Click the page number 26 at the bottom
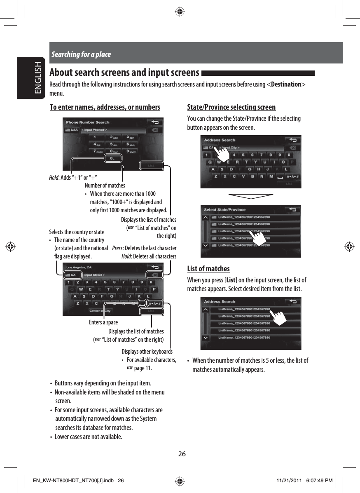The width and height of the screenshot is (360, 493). tap(182, 454)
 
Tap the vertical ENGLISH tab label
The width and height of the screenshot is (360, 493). tap(38, 78)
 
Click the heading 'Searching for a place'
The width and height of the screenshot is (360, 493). tap(81, 54)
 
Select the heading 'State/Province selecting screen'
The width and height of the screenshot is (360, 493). tap(231, 108)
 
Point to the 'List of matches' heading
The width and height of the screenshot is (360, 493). tap(208, 269)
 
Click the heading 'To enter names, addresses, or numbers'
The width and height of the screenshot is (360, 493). tap(105, 108)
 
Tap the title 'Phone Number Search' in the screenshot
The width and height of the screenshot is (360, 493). tap(88, 122)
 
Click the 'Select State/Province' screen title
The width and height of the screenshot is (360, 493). tap(225, 210)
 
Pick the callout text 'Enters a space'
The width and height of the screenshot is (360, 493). tap(103, 322)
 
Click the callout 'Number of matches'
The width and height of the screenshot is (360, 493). tap(105, 185)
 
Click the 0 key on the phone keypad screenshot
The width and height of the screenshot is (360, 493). tap(110, 158)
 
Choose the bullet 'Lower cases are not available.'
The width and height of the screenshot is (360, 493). tap(88, 437)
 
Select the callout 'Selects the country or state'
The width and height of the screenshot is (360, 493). tap(77, 232)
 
